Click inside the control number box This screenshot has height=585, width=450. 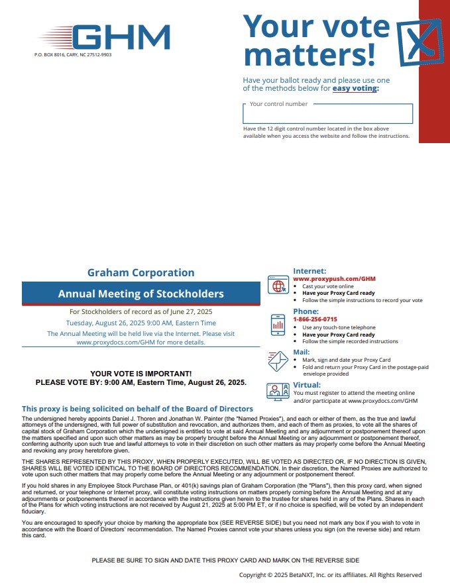(327, 114)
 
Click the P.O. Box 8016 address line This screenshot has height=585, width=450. (73, 55)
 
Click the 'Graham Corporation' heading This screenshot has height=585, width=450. (141, 272)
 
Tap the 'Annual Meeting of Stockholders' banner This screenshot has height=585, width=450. (141, 293)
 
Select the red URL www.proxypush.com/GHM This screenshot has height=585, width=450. (334, 279)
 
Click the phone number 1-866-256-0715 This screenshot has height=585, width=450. (315, 319)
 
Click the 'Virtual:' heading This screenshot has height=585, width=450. (307, 385)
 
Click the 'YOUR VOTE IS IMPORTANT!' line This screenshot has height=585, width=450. (141, 374)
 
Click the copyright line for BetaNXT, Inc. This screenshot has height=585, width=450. (330, 575)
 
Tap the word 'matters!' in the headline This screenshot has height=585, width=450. (309, 52)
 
